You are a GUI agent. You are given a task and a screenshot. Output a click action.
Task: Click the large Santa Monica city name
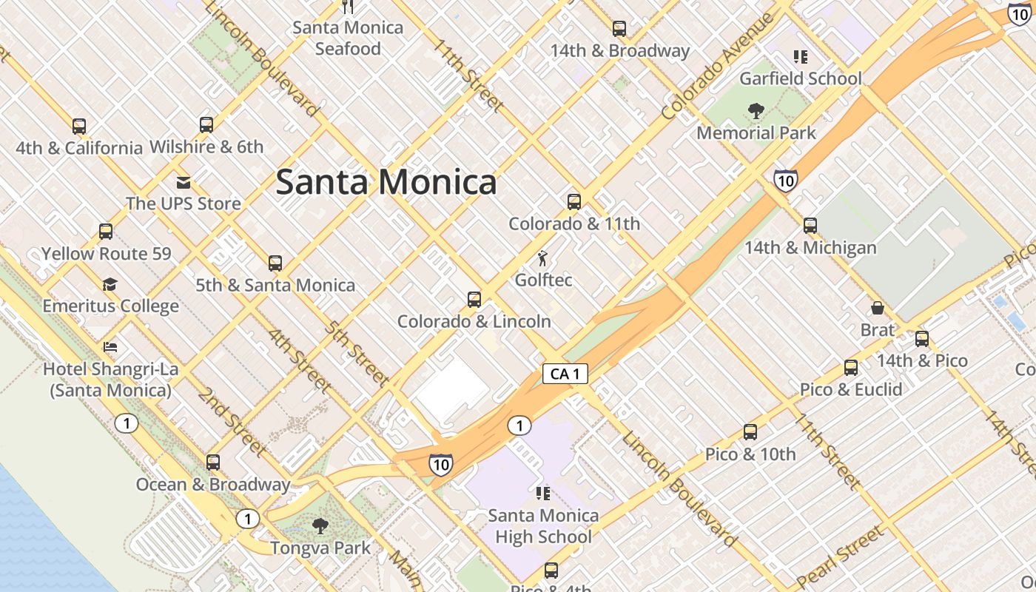point(386,182)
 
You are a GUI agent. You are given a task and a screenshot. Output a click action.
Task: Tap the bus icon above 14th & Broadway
point(619,29)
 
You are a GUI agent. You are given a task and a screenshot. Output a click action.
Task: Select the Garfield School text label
point(801,78)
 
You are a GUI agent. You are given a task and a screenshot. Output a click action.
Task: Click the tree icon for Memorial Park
point(756,111)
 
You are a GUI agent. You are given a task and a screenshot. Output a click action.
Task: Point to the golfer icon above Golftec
point(543,258)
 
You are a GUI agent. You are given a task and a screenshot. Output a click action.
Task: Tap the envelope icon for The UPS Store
point(183,182)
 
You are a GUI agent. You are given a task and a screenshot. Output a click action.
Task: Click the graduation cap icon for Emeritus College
point(110,284)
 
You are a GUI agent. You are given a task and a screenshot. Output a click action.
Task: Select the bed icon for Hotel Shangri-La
point(110,346)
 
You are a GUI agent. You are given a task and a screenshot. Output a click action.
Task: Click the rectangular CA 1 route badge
point(565,374)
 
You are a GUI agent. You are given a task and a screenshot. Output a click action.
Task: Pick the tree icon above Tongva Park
point(320,526)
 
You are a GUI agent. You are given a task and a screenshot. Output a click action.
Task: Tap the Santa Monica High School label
point(543,525)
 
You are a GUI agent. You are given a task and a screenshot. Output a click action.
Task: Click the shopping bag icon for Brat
point(878,308)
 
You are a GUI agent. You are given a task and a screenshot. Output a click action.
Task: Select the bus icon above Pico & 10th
point(750,432)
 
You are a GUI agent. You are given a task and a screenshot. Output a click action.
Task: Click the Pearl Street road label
point(840,556)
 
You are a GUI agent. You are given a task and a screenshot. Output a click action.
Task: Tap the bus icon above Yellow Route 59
point(106,232)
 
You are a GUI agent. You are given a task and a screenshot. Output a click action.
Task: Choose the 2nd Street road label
point(232,422)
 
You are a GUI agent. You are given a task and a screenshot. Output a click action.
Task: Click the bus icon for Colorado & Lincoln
point(474,300)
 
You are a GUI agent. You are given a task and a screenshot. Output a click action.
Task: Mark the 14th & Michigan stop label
point(810,248)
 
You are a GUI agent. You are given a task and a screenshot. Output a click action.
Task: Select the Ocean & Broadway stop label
point(213,485)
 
